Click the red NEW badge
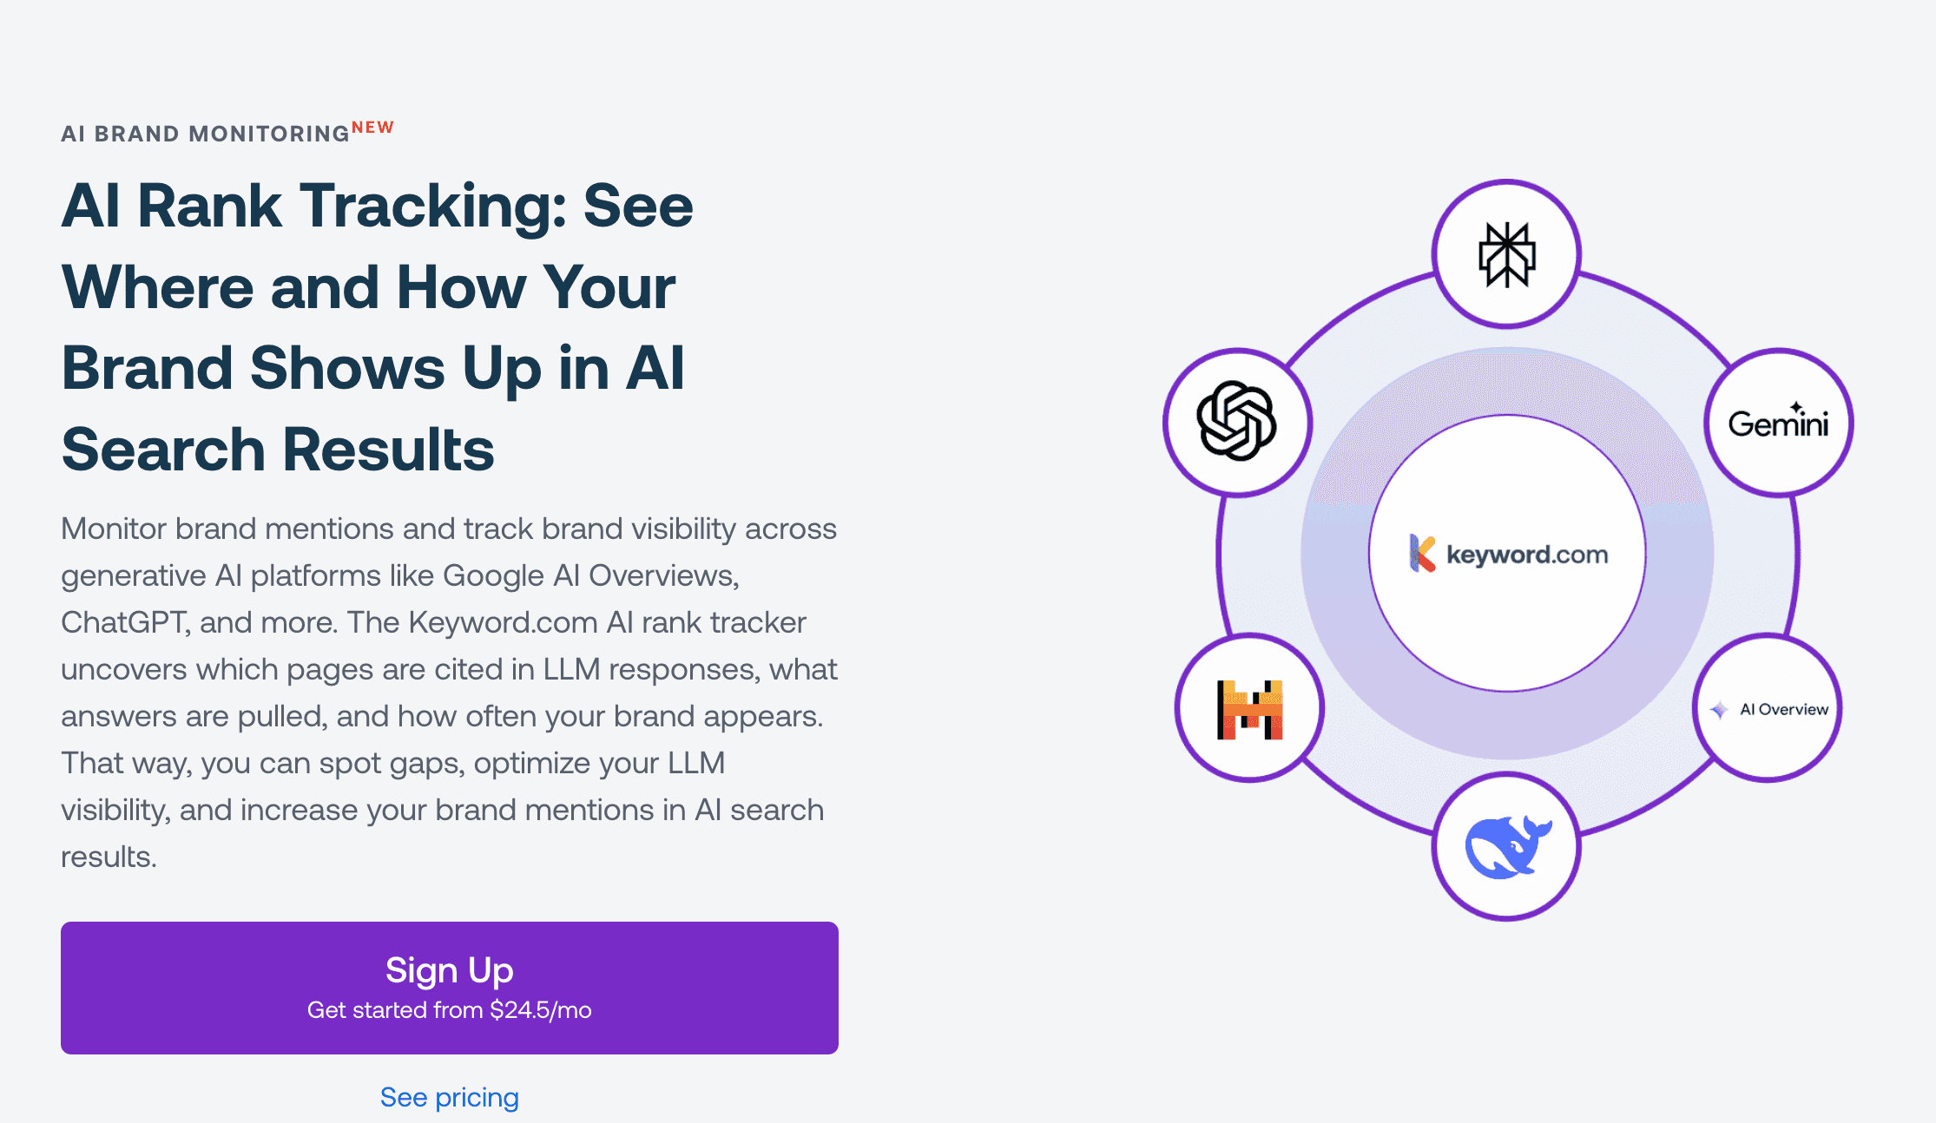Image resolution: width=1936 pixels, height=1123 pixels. [372, 128]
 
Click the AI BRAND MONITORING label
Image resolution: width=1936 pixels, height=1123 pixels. [205, 134]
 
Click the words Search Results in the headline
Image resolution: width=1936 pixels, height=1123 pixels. [278, 450]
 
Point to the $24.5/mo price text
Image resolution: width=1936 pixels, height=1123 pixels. [540, 1010]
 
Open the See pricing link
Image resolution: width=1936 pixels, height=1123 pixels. [449, 1097]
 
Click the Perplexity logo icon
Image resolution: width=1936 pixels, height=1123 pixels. [1506, 254]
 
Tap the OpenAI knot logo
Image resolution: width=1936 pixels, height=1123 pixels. [1236, 422]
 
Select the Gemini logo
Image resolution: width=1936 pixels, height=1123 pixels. [1778, 423]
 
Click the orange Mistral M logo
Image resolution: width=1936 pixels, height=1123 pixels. [1249, 709]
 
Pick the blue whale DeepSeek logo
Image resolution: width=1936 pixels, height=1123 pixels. [1506, 847]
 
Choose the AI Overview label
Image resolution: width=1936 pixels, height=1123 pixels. [1783, 709]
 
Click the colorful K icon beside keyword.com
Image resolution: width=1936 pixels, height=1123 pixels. [1422, 554]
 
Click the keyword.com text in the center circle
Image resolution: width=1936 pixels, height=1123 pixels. [1526, 555]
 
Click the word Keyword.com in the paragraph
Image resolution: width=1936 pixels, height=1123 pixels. [503, 622]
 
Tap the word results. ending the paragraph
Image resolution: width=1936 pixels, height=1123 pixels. [109, 857]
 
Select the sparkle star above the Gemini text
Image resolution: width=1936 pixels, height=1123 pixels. [1796, 406]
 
